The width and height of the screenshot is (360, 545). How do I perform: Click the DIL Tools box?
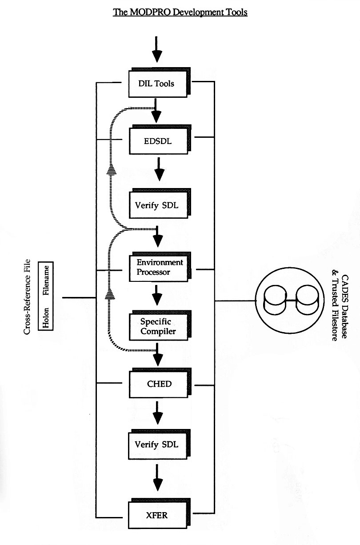click(159, 83)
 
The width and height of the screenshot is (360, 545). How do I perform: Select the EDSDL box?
click(160, 140)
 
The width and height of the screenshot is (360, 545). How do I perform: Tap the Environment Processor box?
click(160, 267)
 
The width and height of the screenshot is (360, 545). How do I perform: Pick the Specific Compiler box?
click(160, 325)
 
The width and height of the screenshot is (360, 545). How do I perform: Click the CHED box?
click(160, 383)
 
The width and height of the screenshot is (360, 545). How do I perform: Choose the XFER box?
click(159, 513)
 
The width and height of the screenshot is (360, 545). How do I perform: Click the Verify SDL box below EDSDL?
click(160, 204)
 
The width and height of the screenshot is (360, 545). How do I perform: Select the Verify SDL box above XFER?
click(159, 445)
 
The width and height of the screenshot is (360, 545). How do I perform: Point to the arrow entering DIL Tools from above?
click(157, 49)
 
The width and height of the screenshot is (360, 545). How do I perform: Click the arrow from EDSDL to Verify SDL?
click(159, 169)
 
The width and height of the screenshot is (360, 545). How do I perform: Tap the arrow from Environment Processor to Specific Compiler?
click(157, 295)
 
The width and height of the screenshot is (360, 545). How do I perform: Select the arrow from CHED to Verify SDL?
click(158, 413)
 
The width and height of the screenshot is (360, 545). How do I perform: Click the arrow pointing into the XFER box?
click(158, 477)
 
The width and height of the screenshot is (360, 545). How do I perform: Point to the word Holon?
click(46, 318)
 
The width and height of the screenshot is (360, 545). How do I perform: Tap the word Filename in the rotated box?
click(46, 281)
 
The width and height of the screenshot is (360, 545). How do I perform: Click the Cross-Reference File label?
click(27, 297)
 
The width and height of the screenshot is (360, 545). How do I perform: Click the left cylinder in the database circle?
click(275, 300)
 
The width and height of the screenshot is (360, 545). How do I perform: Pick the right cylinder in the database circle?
click(307, 300)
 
